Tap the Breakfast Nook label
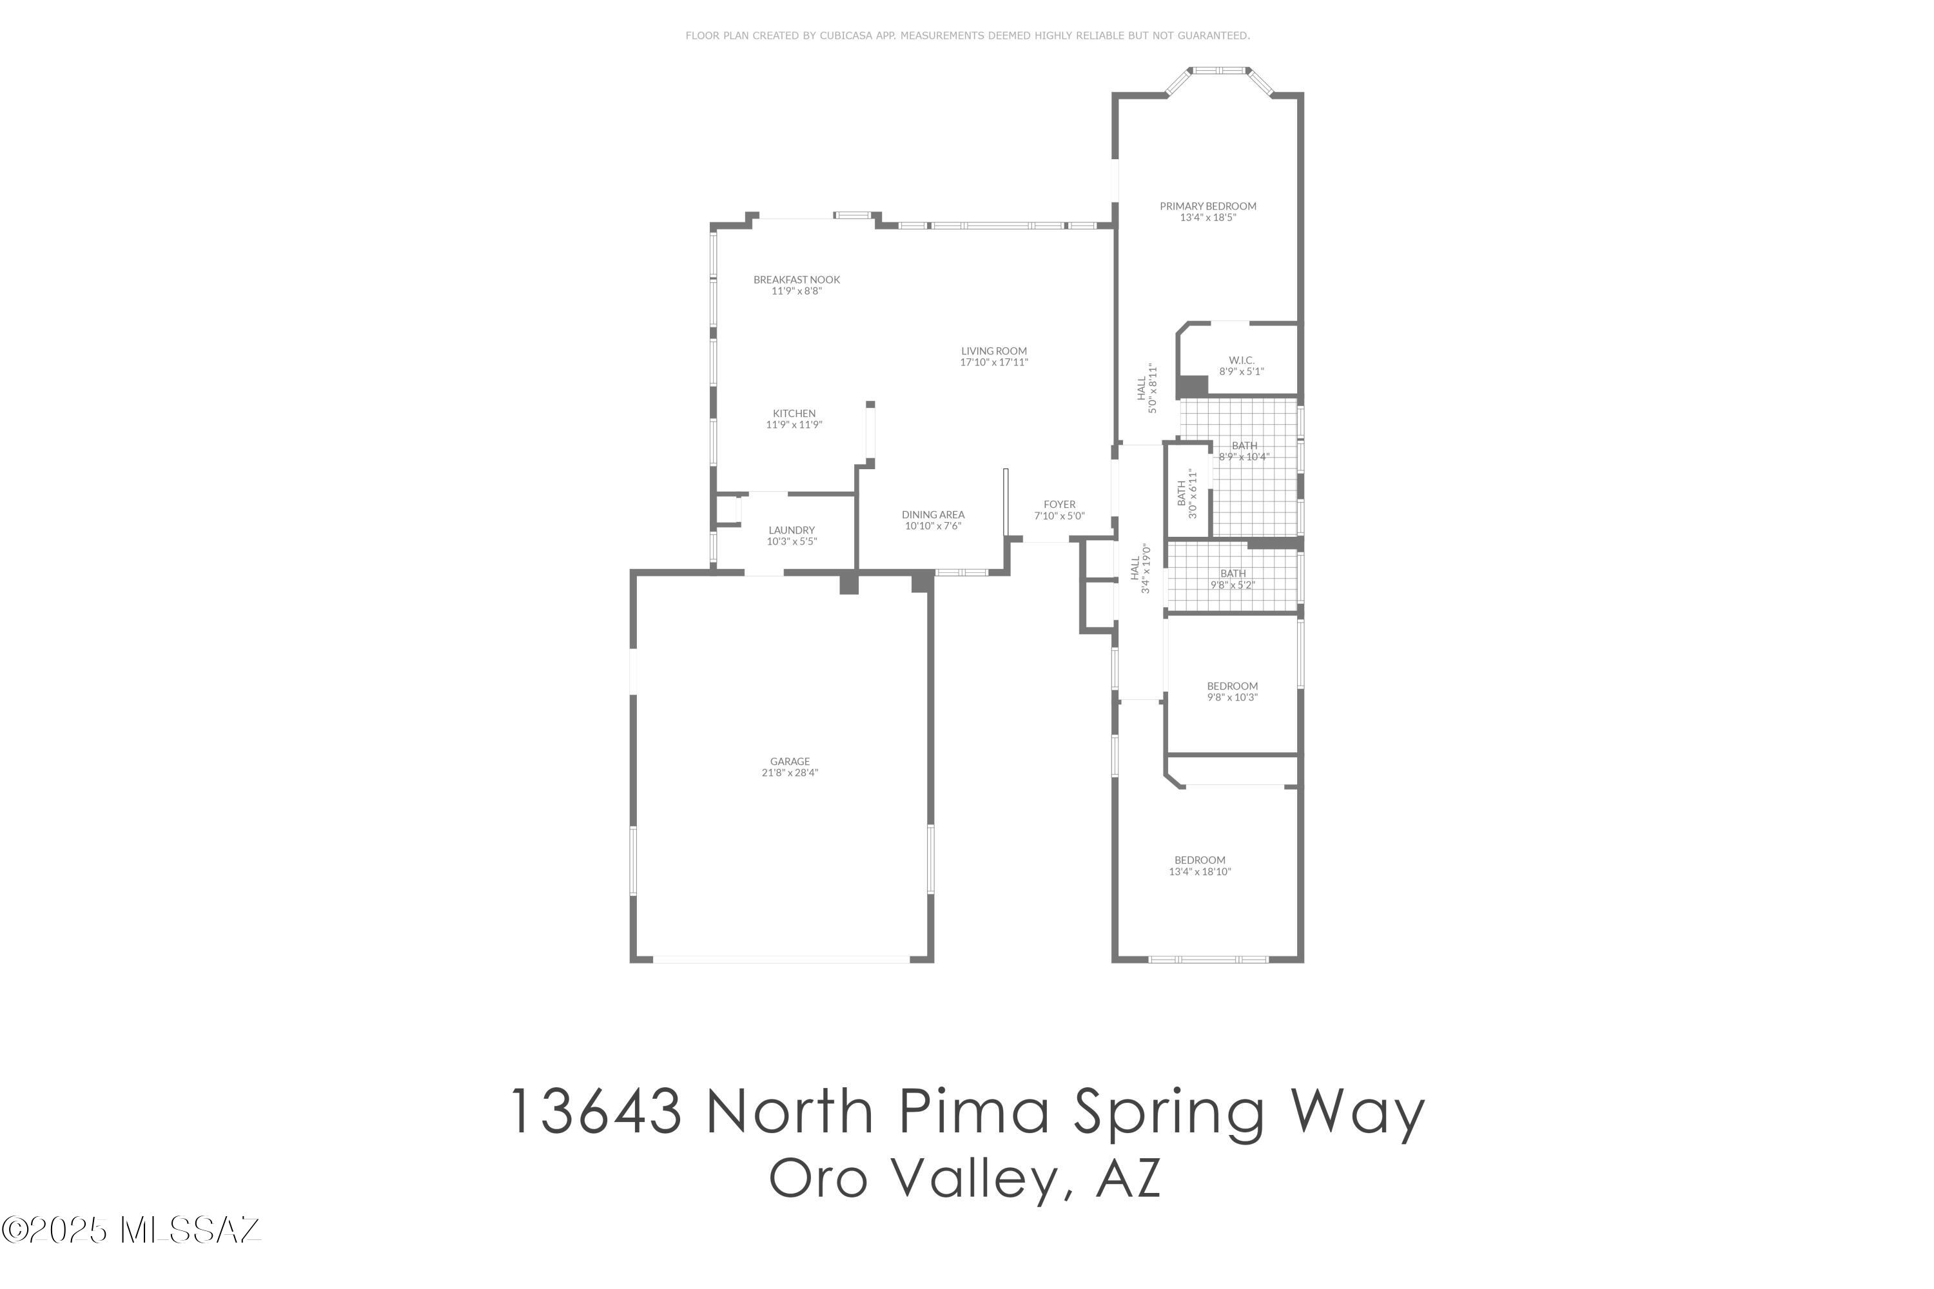click(796, 280)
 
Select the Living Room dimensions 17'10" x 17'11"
click(993, 362)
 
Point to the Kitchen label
click(794, 414)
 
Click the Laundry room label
click(791, 531)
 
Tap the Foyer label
click(1059, 505)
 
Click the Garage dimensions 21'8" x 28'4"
click(789, 773)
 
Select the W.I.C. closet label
click(1241, 361)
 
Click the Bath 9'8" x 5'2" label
click(1233, 574)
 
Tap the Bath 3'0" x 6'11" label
click(1182, 493)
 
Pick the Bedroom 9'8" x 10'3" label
click(1232, 686)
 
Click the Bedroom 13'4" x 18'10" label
click(1200, 860)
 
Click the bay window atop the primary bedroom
click(1220, 72)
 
